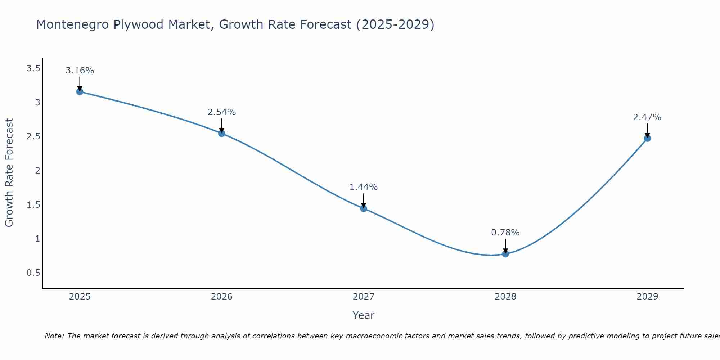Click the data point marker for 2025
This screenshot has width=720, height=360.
80,91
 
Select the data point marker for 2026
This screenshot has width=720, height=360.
221,133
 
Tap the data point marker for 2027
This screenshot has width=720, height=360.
363,208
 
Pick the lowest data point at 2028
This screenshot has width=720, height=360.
505,254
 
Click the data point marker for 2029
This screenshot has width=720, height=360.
647,138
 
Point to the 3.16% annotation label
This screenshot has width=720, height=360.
80,71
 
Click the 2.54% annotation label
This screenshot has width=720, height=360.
221,112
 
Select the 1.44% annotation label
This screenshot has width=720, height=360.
363,187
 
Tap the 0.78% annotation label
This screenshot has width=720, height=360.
505,233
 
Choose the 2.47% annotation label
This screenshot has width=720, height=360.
647,117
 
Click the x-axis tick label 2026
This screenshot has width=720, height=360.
221,297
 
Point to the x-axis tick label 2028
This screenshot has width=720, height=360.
505,297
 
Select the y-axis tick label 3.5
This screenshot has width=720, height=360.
33,68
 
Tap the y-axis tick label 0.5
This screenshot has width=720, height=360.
33,273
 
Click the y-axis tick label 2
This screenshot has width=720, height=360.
37,171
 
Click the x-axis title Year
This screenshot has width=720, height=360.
363,315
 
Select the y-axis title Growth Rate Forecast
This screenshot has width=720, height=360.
9,173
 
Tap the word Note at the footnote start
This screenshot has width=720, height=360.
54,336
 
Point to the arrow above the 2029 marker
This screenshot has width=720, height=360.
647,130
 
